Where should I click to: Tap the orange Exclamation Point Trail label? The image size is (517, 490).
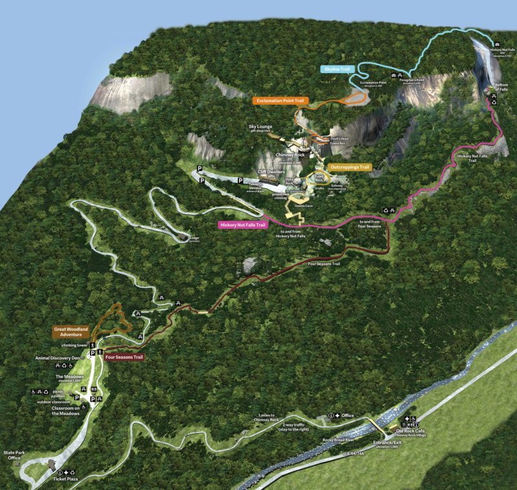click(x=280, y=101)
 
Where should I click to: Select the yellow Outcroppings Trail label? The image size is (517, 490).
click(x=350, y=167)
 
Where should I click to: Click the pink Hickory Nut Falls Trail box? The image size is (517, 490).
click(x=243, y=225)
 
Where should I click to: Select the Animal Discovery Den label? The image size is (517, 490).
click(x=58, y=357)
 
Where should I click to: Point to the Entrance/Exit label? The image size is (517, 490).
click(x=386, y=443)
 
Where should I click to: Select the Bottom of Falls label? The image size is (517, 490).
click(x=501, y=87)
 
